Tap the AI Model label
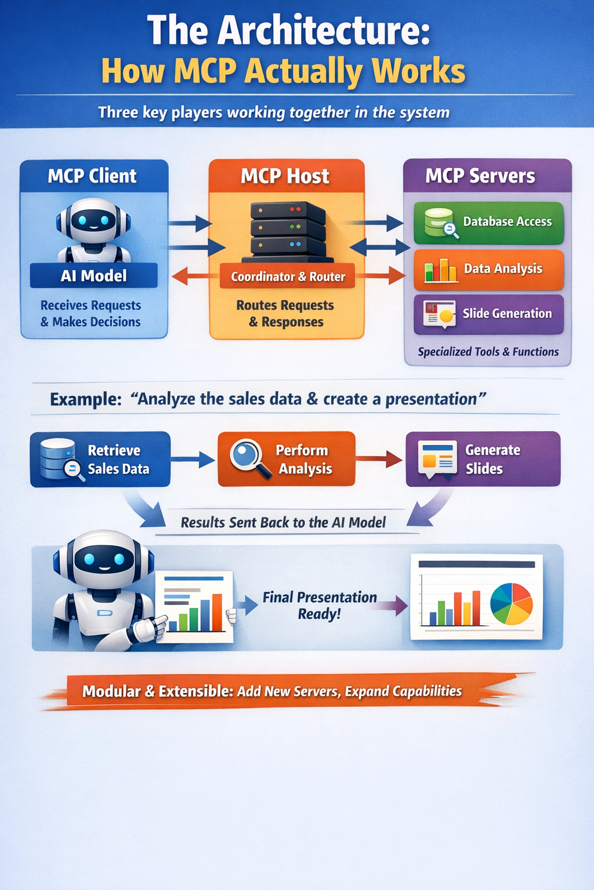click(93, 276)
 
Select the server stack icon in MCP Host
click(288, 230)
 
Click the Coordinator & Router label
click(288, 277)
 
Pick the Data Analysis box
click(488, 269)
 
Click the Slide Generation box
click(488, 314)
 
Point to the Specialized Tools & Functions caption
click(488, 352)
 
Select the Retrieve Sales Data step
click(100, 459)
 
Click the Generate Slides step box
click(483, 459)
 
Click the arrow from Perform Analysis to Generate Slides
click(379, 459)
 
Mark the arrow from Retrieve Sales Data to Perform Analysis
click(193, 459)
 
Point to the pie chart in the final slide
click(511, 603)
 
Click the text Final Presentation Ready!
click(320, 606)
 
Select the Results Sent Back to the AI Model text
click(283, 523)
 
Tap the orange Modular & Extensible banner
click(272, 691)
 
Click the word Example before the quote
click(85, 399)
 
